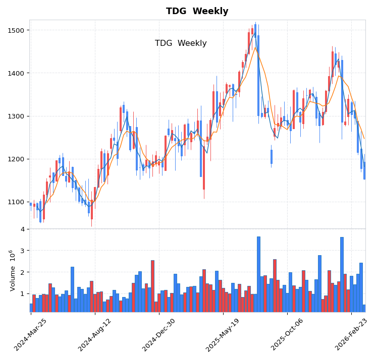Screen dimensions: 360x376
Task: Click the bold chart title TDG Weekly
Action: coord(197,11)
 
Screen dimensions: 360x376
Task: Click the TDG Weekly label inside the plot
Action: coord(181,43)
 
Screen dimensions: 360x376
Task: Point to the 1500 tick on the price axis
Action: coord(17,30)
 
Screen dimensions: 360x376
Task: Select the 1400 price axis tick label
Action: coord(17,73)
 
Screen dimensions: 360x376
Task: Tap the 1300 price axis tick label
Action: coord(17,116)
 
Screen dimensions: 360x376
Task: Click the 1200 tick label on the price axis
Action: coord(17,159)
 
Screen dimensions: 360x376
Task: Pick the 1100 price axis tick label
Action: coord(17,202)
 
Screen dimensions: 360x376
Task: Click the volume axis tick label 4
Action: coord(22,229)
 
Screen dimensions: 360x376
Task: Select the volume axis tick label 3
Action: coord(22,251)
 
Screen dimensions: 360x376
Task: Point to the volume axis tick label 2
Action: coord(22,272)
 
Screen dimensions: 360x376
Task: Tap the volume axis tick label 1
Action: coord(22,293)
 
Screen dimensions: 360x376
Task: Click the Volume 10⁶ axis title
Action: coord(13,270)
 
